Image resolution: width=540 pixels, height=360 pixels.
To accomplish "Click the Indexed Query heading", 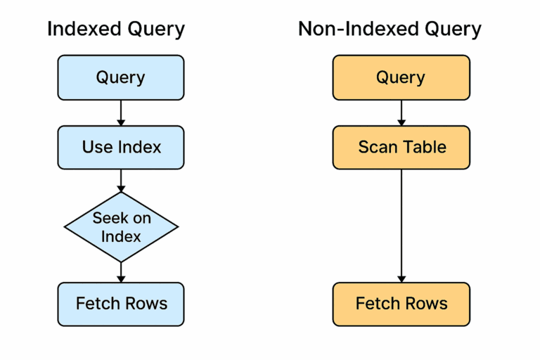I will click(116, 30).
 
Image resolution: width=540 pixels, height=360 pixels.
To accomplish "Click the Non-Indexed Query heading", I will click(390, 30).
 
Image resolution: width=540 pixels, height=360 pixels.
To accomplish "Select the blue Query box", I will click(121, 77).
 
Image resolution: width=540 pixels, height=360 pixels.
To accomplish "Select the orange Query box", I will click(401, 77).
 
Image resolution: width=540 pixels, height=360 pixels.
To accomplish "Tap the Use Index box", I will click(121, 147).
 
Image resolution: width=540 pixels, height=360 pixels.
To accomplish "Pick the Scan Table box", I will click(401, 147).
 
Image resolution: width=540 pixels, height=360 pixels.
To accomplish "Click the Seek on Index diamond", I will click(121, 227).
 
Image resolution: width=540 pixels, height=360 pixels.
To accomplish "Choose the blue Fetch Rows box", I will click(121, 304).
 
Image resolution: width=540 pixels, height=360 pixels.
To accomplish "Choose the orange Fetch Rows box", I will click(401, 304).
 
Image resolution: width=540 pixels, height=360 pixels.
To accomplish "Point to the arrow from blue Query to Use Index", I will click(121, 112).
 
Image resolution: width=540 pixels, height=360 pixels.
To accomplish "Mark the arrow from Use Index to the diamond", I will click(121, 181).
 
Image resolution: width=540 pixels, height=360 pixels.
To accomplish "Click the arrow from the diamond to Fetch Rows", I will click(121, 271).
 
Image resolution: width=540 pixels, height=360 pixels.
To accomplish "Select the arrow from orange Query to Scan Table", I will click(401, 112).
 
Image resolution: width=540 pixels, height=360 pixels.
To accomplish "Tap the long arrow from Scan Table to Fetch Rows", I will click(401, 225).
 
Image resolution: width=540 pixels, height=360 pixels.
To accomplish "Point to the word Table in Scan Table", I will click(424, 147).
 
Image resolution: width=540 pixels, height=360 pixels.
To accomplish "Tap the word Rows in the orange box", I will click(425, 304).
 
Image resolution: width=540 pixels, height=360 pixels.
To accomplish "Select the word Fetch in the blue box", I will click(97, 304).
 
